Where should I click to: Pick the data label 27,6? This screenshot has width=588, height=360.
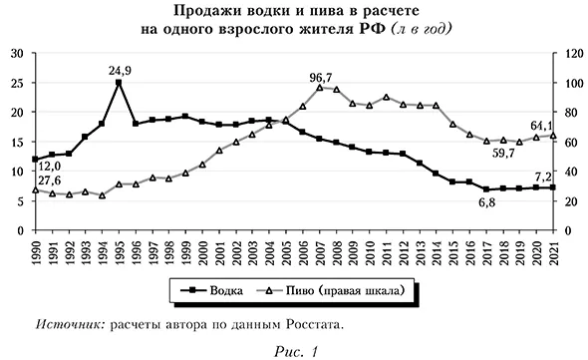[49, 179]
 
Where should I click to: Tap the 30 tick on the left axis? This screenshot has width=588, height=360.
[17, 54]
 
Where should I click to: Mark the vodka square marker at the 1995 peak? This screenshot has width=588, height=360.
[119, 83]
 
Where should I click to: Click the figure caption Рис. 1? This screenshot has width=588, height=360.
[293, 350]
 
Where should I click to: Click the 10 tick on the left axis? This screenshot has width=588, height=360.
[17, 172]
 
